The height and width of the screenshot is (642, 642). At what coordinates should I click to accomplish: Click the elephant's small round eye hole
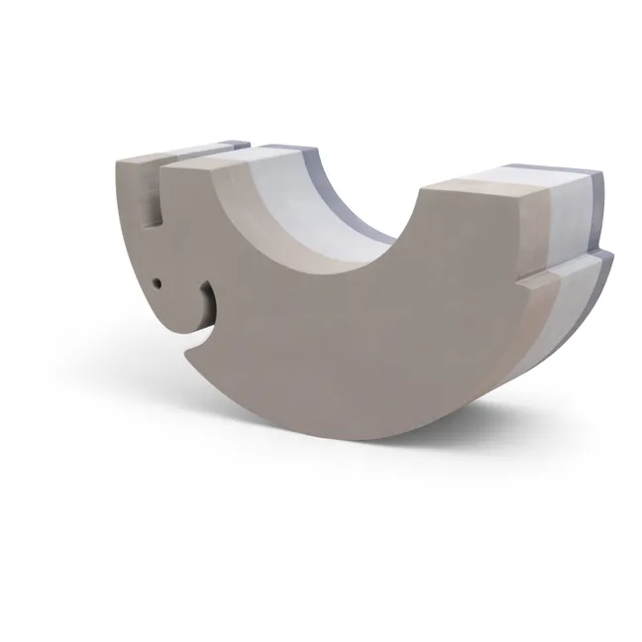coord(157,284)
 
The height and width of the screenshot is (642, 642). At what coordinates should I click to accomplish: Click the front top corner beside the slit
coord(161,170)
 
